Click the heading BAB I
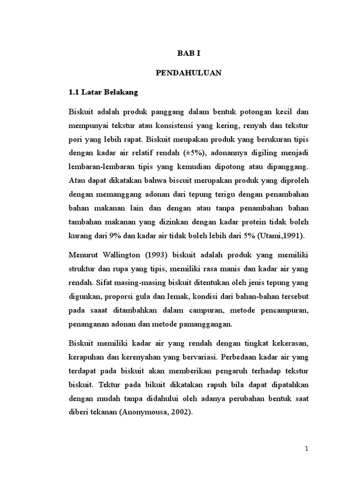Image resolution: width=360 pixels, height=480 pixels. click(x=188, y=53)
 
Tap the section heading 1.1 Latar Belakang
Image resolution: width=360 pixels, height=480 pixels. click(x=103, y=92)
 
